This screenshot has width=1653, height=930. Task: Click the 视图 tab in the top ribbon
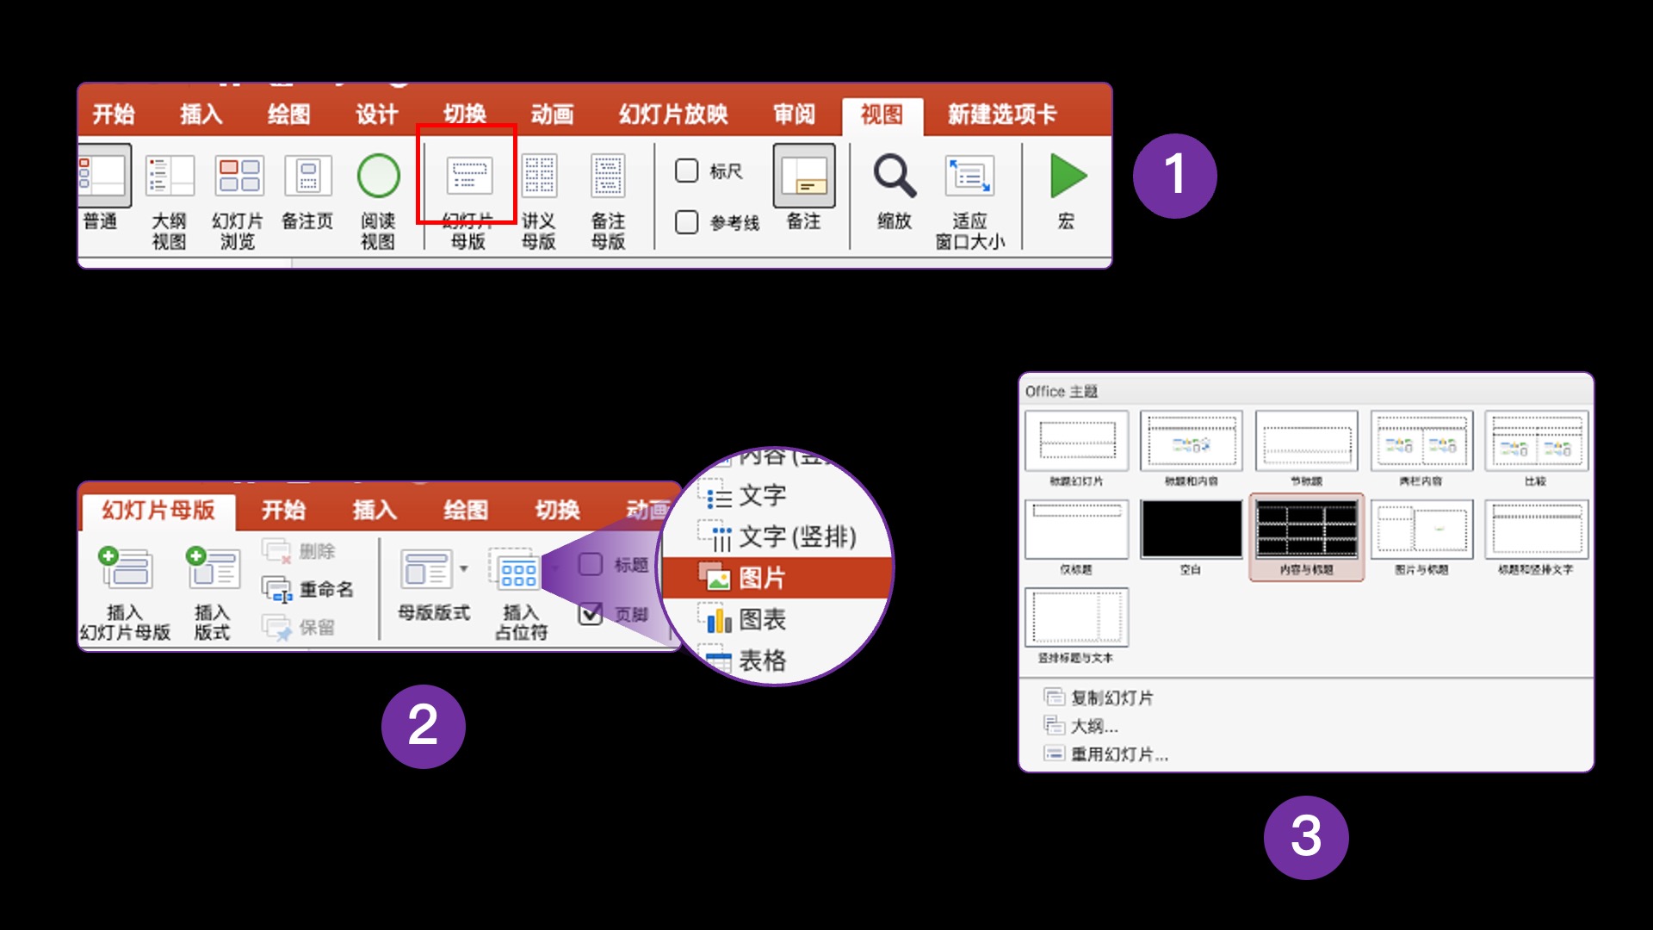(882, 115)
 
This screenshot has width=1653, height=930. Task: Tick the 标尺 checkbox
(686, 170)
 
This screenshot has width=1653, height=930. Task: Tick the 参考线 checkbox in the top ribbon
(686, 222)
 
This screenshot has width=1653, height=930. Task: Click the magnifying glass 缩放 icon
(894, 177)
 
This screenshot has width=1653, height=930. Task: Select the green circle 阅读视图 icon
(378, 177)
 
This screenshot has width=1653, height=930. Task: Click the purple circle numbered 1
(1174, 176)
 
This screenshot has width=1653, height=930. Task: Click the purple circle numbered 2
(423, 726)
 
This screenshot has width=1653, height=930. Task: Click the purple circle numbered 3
(1305, 837)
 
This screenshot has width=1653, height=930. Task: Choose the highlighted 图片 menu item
(762, 578)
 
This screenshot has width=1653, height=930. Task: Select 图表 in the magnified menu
(762, 619)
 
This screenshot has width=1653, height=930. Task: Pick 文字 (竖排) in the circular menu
(796, 537)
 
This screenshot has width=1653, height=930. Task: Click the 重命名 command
(325, 590)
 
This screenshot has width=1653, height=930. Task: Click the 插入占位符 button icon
(518, 572)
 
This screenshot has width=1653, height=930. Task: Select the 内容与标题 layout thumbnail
(1306, 530)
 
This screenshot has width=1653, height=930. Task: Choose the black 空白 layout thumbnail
(1191, 530)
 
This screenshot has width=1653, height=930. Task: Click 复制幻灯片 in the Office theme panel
(1111, 697)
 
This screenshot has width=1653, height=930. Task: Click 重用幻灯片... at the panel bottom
(1118, 754)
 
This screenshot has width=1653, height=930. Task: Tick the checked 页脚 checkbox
(591, 614)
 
